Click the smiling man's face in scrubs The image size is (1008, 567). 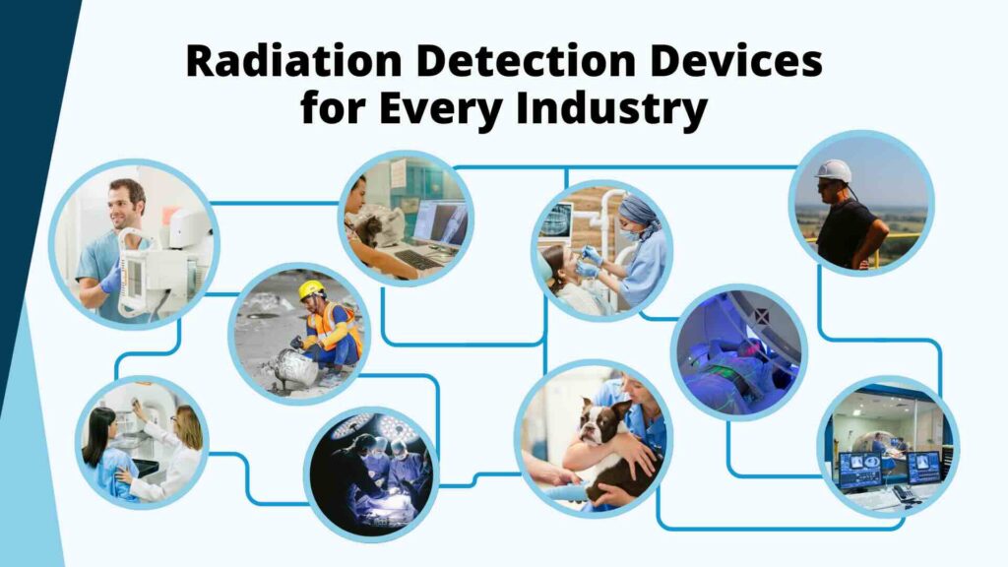pos(126,201)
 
